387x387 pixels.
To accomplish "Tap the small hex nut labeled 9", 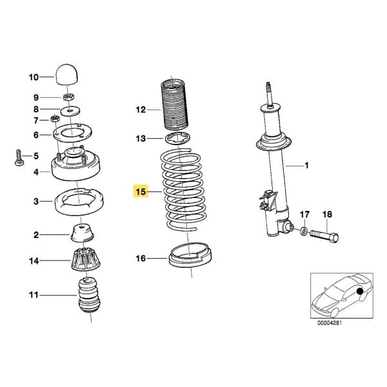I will [70, 97].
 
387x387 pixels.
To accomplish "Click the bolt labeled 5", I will [19, 157].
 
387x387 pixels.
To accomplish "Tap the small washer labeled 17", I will [303, 230].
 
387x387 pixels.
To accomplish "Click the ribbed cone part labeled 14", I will [85, 261].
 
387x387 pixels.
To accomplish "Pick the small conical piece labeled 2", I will [84, 232].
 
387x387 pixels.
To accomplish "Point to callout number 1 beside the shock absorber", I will [307, 166].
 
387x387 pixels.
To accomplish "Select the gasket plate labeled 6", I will [72, 134].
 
